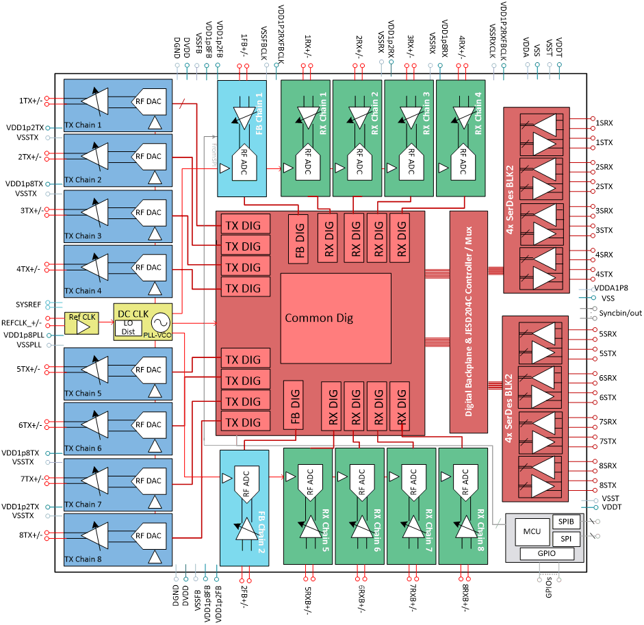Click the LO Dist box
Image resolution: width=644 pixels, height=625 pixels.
tap(128, 329)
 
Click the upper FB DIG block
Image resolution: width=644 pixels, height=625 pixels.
tap(298, 238)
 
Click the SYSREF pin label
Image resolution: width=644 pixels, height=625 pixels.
tap(29, 304)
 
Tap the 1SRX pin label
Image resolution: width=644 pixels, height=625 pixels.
tap(604, 123)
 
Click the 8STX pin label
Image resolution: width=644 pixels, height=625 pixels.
tap(608, 485)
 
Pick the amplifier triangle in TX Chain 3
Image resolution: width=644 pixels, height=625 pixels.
tap(94, 213)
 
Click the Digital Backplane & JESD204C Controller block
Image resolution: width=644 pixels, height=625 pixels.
tap(468, 322)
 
